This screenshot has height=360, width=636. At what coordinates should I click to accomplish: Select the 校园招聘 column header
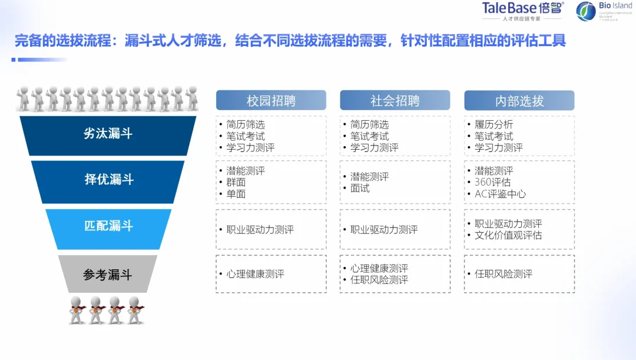(271, 101)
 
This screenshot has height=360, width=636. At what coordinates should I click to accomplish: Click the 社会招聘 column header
(395, 101)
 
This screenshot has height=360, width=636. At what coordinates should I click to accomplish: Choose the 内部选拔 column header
(519, 101)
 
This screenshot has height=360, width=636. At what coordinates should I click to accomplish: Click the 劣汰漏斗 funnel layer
(108, 134)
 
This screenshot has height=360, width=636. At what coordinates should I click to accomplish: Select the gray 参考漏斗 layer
(108, 275)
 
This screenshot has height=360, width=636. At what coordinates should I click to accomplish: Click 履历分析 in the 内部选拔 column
(493, 125)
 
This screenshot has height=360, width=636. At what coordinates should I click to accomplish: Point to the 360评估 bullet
(492, 182)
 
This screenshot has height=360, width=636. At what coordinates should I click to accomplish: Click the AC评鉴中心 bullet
(500, 194)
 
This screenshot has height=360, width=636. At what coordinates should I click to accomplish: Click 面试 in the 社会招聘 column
(360, 189)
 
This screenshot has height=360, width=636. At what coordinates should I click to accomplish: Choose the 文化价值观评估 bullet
(508, 235)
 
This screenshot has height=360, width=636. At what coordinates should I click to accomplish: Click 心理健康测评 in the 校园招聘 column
(256, 274)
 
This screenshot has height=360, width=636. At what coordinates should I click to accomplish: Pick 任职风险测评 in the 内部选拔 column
(503, 274)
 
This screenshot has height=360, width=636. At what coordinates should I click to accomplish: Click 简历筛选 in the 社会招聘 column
(369, 125)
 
